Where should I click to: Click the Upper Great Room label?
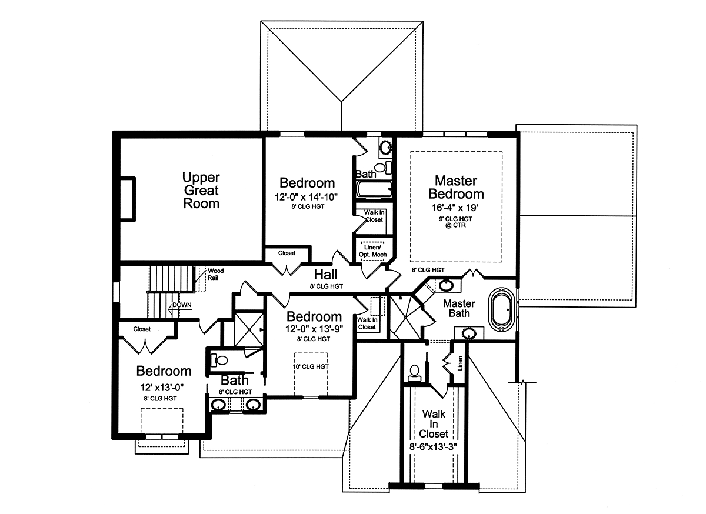click(201, 191)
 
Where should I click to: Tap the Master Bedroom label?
click(456, 188)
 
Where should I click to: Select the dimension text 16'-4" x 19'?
click(455, 208)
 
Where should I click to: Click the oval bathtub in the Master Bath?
click(502, 309)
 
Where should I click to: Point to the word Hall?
click(325, 275)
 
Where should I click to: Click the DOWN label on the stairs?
click(182, 305)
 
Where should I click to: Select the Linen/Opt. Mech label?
click(372, 251)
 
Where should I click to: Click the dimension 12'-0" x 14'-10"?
click(306, 197)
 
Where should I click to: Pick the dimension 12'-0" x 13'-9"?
click(314, 329)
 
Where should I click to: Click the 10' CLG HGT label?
click(311, 366)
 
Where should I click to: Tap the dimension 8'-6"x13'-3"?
click(434, 447)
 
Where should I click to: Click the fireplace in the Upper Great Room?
click(128, 199)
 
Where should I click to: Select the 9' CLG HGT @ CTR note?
click(455, 222)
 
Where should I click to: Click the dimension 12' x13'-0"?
click(162, 387)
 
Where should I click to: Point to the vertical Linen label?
click(460, 363)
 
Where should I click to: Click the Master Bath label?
click(459, 309)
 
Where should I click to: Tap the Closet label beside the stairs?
click(142, 329)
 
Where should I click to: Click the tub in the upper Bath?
click(374, 189)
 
